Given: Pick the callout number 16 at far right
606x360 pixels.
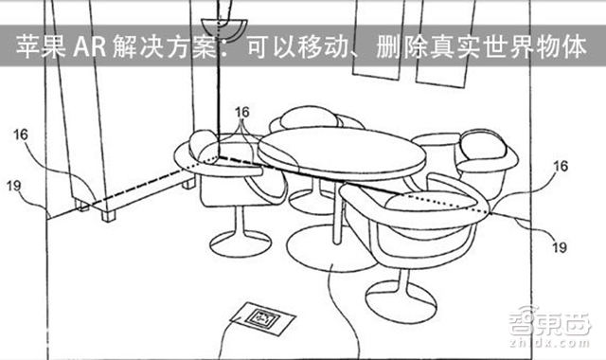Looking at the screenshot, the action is click(561, 166).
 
